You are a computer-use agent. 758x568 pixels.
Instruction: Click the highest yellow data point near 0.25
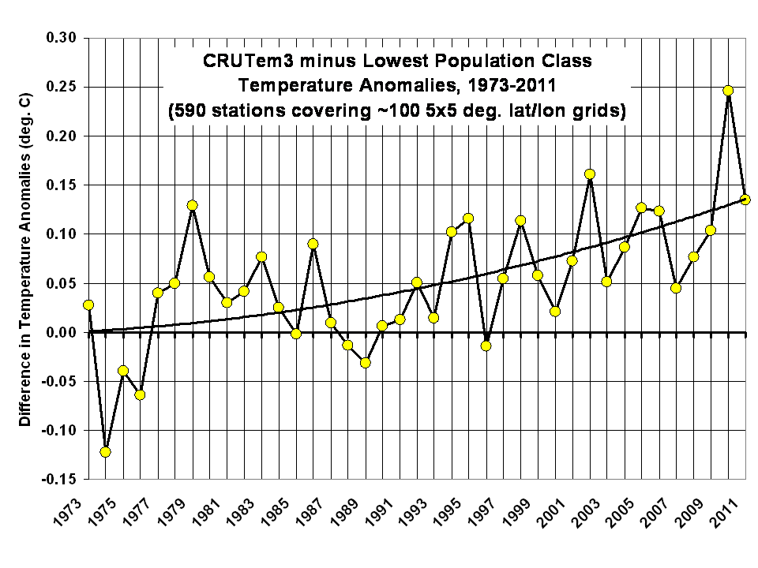coord(728,91)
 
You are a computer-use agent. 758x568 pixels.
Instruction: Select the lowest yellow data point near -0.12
coord(106,452)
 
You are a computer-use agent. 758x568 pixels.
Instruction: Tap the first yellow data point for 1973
coord(88,305)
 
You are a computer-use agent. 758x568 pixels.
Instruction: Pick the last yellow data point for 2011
coord(745,200)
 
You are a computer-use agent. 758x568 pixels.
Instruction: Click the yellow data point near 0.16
coord(590,174)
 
